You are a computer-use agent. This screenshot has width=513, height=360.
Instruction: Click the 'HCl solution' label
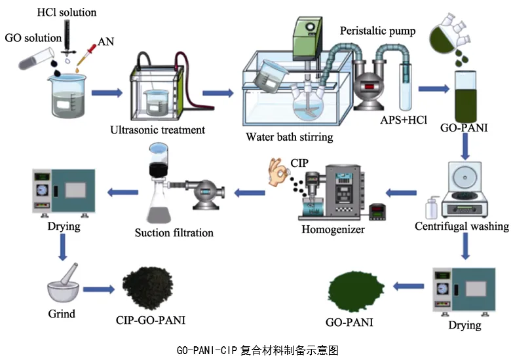pos(67,12)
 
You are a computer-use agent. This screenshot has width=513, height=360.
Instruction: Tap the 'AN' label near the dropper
pos(105,42)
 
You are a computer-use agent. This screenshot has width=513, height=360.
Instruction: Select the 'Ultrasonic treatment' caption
pos(158,130)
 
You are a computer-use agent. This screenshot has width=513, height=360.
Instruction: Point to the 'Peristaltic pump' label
pos(377,31)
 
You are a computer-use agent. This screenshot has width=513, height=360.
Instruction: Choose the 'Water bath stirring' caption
pos(289,137)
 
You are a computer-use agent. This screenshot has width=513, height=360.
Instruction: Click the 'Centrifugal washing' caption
pos(462,226)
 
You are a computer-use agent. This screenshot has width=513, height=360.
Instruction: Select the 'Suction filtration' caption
pos(174,232)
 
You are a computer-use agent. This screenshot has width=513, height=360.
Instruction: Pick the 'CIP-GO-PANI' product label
pos(145,321)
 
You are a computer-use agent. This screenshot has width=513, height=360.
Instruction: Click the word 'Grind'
pos(62,314)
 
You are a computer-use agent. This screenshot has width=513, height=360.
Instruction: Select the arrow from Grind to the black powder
pos(97,289)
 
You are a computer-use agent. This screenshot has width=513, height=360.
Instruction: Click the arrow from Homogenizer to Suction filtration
pos(249,192)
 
